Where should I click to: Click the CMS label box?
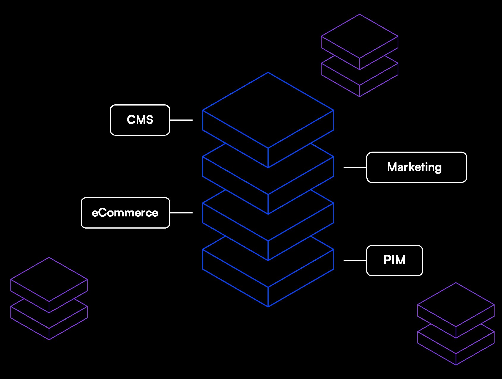[x=140, y=120]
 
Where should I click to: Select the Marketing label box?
[x=416, y=167]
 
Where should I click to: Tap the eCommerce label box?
[x=125, y=213]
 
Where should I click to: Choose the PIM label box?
[x=394, y=260]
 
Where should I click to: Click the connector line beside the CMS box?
[x=181, y=120]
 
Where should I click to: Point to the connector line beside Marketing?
[x=355, y=167]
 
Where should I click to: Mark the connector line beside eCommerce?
[x=181, y=213]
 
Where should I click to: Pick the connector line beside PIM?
[x=355, y=260]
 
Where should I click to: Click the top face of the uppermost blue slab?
[x=268, y=110]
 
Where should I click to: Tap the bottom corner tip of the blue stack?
[x=268, y=306]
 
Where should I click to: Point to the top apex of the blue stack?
[x=268, y=73]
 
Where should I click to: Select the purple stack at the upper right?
[x=360, y=56]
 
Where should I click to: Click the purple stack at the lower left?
[x=49, y=299]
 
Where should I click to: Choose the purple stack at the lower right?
[x=456, y=324]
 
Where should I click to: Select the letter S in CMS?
[x=148, y=120]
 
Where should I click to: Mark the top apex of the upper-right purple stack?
[x=360, y=15]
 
